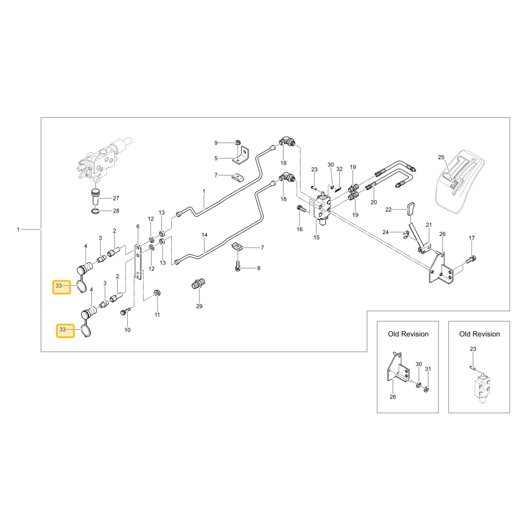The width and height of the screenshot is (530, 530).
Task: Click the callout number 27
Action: click(x=116, y=198)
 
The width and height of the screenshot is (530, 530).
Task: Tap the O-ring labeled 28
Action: click(x=95, y=211)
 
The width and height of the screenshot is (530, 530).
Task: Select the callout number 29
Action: click(x=199, y=306)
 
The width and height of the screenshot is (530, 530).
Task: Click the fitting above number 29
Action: click(x=198, y=284)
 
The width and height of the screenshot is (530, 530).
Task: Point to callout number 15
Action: click(x=316, y=237)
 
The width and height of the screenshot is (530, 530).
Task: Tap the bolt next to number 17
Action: click(x=471, y=260)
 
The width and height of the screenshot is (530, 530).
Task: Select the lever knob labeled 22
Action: click(x=410, y=208)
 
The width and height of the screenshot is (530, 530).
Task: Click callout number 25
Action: click(x=441, y=157)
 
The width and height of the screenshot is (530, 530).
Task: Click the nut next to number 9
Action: click(x=238, y=142)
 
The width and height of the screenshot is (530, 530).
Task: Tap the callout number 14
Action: click(x=205, y=235)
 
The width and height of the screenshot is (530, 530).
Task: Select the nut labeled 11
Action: click(x=156, y=293)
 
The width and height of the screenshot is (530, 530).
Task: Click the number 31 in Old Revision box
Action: click(x=428, y=369)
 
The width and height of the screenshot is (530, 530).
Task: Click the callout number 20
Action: click(x=374, y=202)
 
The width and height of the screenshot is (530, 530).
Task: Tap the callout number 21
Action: click(x=429, y=225)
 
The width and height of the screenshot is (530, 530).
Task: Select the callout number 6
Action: click(x=138, y=226)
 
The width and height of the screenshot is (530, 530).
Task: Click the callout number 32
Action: click(x=339, y=169)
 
